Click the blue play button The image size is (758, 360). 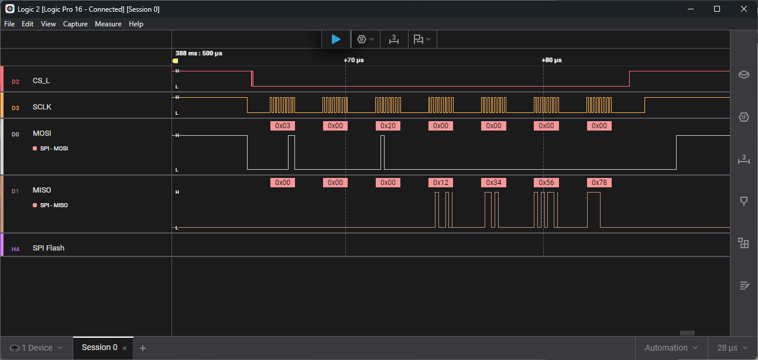point(336,39)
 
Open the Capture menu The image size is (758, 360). point(75,24)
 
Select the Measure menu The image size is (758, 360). point(108,24)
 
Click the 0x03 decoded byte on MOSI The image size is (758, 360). point(283,126)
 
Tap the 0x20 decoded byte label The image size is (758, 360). point(388,126)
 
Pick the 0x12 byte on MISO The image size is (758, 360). point(441,183)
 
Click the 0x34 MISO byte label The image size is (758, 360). point(493,183)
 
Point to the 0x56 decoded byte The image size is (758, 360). point(546,183)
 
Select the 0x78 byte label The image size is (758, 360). point(599,183)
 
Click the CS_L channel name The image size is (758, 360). point(41,81)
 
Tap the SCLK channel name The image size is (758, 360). point(42,107)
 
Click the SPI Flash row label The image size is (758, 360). point(49,248)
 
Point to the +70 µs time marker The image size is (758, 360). point(354,60)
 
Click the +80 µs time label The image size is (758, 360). point(551,60)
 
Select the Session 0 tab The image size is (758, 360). point(100,348)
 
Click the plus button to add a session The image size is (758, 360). point(143,348)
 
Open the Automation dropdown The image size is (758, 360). point(671,348)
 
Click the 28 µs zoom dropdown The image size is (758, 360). point(732,348)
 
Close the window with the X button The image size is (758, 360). point(744,9)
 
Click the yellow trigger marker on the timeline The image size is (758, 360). point(175,61)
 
